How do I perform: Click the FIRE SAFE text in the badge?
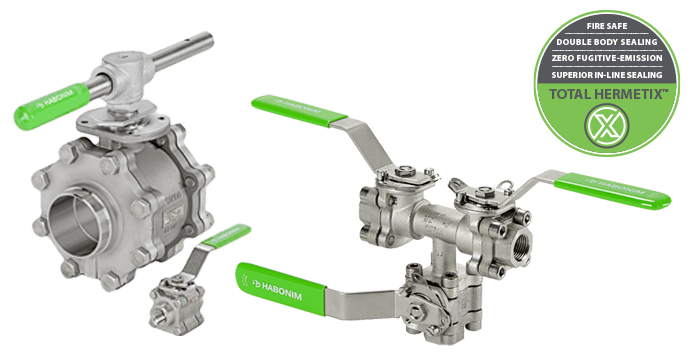pos(607,26)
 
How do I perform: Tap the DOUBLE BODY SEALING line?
pos(607,42)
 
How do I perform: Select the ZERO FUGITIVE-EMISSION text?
pos(607,58)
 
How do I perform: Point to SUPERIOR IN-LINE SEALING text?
pos(607,75)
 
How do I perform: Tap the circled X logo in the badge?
pos(607,126)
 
